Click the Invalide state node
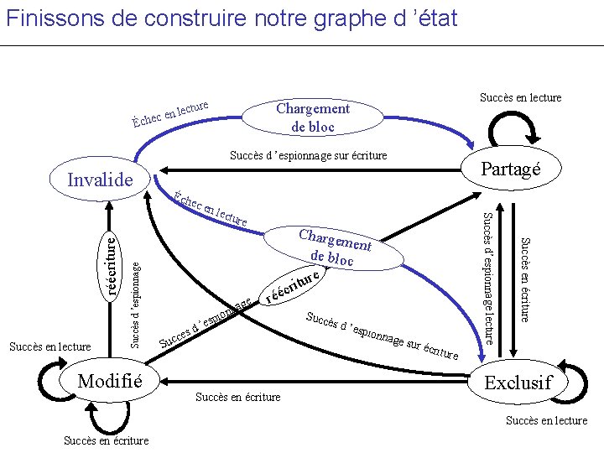point(100,180)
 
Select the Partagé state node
point(509,169)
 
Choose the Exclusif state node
point(518,383)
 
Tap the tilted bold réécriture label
point(293,285)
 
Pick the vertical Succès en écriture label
point(523,280)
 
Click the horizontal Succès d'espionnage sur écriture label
point(308,156)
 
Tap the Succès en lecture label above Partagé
point(520,98)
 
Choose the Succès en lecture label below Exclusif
point(546,420)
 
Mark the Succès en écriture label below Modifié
point(107,440)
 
